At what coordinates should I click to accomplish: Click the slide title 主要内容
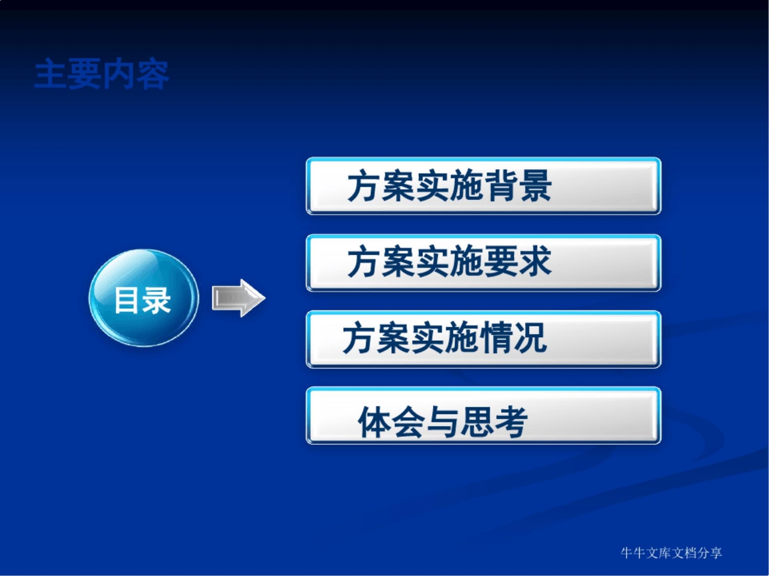pos(102,74)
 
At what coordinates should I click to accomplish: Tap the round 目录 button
pos(144,298)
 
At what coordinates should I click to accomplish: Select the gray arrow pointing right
pos(238,298)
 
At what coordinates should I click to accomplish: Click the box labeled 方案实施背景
pos(483,186)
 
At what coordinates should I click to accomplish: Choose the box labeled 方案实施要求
pos(483,263)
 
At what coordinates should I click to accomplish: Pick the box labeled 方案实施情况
pos(483,339)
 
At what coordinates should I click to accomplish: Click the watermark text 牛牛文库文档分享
pos(671,553)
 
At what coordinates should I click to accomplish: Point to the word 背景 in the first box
pos(518,186)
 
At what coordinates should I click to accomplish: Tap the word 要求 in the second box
pos(518,262)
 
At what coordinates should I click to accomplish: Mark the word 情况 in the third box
pos(512,338)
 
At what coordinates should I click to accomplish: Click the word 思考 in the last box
pos(494,421)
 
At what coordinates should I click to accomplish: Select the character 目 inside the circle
pos(127,300)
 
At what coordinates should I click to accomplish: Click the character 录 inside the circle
pos(157,300)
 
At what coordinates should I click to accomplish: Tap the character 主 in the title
pos(50,74)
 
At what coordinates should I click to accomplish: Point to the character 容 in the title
pos(153,74)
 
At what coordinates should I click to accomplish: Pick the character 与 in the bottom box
pos(443,421)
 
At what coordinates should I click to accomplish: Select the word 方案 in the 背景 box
pos(381,186)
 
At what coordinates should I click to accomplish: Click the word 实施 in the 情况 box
pos(445,338)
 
